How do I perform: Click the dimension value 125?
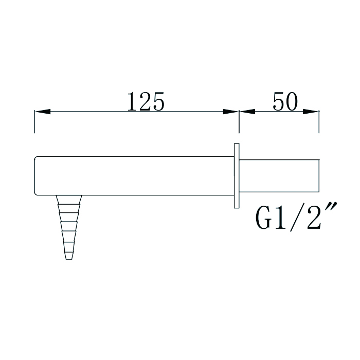coord(146,102)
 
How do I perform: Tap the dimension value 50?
coord(285,102)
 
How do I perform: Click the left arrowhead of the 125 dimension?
coord(41,112)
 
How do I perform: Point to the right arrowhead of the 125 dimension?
coord(231,112)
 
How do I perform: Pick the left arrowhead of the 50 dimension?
coord(247,112)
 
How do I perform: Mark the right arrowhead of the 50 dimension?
coord(312,112)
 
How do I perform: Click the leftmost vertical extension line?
coord(34,121)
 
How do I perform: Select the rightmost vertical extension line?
coord(319,121)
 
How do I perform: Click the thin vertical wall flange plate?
coord(237,176)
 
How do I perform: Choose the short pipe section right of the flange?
coord(280,176)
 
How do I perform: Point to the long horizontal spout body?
coord(134,175)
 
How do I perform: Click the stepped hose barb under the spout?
coord(68,226)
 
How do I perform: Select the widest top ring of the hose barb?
coord(68,199)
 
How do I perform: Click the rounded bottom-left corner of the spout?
coord(36,193)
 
